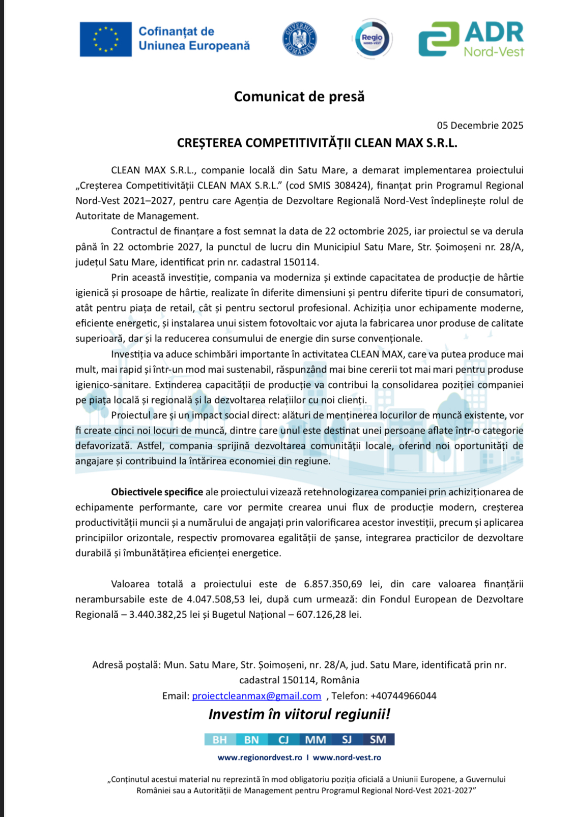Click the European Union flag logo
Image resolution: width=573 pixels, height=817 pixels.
click(106, 39)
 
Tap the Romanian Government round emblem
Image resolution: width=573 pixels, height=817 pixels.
click(299, 39)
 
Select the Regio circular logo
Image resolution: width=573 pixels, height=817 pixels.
click(372, 39)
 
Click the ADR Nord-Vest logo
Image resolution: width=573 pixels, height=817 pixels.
click(471, 39)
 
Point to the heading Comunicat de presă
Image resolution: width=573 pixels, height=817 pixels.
click(299, 97)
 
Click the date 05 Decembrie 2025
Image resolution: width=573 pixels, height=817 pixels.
click(479, 126)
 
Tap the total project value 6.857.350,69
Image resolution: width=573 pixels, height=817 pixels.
click(333, 584)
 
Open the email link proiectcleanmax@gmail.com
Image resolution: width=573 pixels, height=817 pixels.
click(256, 696)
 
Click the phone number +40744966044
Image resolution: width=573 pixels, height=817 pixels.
click(403, 696)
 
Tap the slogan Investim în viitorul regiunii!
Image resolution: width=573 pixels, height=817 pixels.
click(299, 714)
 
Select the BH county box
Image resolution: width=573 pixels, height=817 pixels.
click(220, 740)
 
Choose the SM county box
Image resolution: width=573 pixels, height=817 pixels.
click(378, 740)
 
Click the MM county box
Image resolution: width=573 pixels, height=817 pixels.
click(316, 740)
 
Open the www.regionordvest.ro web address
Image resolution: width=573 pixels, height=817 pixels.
click(260, 758)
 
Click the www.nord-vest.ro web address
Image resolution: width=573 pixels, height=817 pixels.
click(347, 758)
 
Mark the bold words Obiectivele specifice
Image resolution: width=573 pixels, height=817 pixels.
click(157, 492)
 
